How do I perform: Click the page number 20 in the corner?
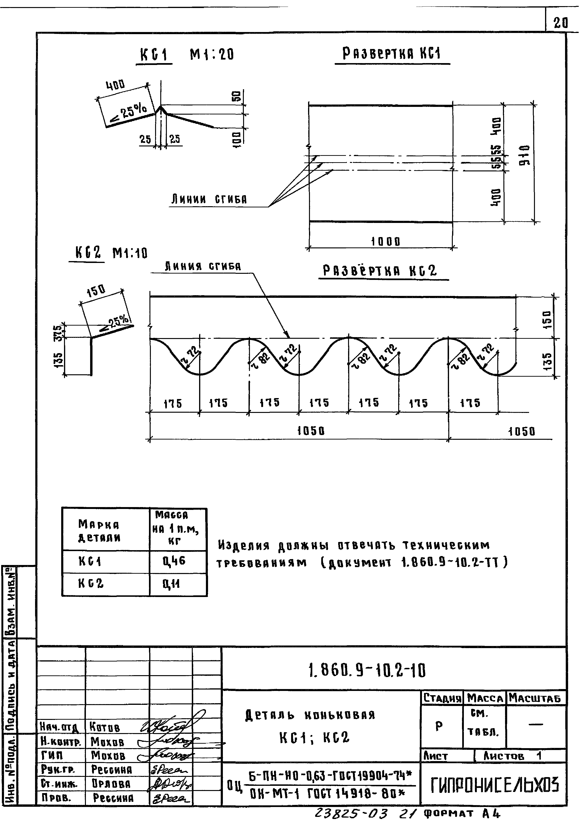[x=560, y=23]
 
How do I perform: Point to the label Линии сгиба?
[x=209, y=199]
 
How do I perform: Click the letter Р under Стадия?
[x=439, y=726]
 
